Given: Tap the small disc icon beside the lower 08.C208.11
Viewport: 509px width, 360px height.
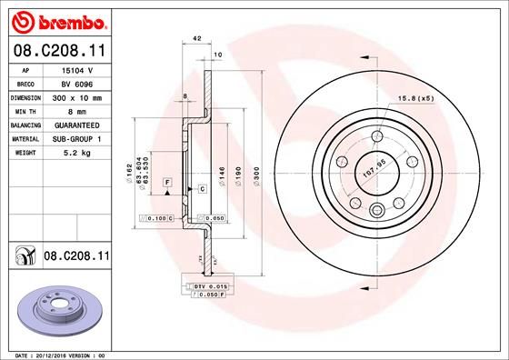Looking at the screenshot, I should click(x=24, y=258).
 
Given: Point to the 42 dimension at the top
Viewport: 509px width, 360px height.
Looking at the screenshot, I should click(x=197, y=39).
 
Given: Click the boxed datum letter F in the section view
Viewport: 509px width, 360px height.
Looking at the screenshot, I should click(x=168, y=183).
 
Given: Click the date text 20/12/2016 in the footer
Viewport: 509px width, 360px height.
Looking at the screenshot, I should click(x=66, y=354).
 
